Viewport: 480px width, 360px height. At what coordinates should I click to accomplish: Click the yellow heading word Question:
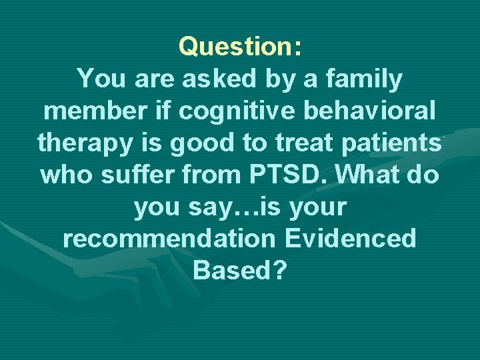coord(240,47)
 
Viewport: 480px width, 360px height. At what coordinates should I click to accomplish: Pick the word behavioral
coord(363,111)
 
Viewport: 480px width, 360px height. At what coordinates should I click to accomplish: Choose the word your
coord(314,207)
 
